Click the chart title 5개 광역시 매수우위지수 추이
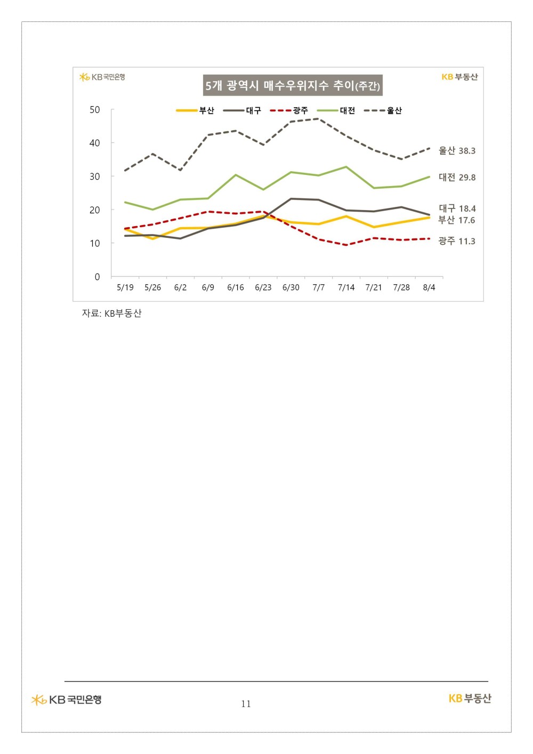pyautogui.click(x=293, y=85)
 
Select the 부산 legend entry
pyautogui.click(x=196, y=110)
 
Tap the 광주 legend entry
pyautogui.click(x=289, y=110)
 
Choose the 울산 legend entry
pyautogui.click(x=383, y=110)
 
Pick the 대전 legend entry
pyautogui.click(x=336, y=110)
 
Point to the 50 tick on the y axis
pyautogui.click(x=94, y=110)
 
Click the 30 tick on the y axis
pyautogui.click(x=94, y=177)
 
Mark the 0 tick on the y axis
pyautogui.click(x=97, y=277)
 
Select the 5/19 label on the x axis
pyautogui.click(x=125, y=287)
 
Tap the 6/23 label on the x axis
pyautogui.click(x=263, y=287)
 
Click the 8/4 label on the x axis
pyautogui.click(x=429, y=287)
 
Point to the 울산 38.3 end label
pyautogui.click(x=457, y=150)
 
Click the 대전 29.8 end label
pyautogui.click(x=457, y=177)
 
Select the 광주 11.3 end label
pyautogui.click(x=457, y=241)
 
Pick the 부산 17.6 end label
pyautogui.click(x=457, y=220)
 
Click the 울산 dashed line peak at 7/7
pyautogui.click(x=318, y=118)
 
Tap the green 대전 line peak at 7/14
pyautogui.click(x=346, y=167)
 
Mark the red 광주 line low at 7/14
pyautogui.click(x=346, y=245)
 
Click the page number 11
pyautogui.click(x=246, y=704)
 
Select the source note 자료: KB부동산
pyautogui.click(x=112, y=314)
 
